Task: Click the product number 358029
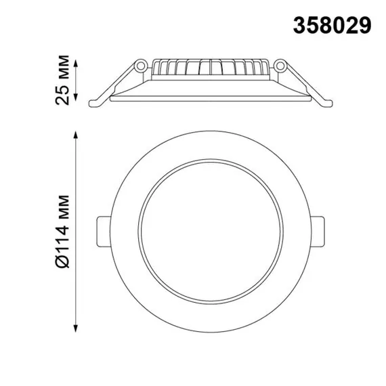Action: click(x=331, y=26)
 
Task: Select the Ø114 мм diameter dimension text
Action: click(x=65, y=224)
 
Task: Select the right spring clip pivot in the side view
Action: click(x=280, y=66)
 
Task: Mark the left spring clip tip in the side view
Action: click(x=96, y=104)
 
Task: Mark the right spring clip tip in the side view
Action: click(x=326, y=104)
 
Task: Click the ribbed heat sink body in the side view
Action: click(x=211, y=68)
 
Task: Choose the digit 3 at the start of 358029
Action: click(x=297, y=26)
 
